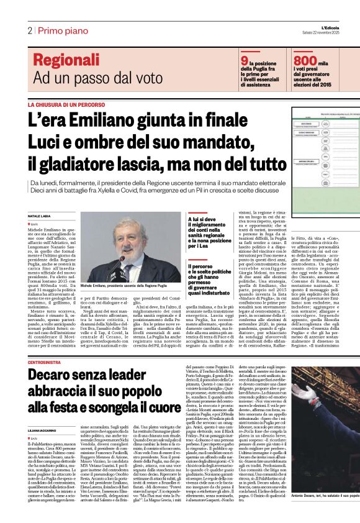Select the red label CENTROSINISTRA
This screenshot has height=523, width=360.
point(48,344)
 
